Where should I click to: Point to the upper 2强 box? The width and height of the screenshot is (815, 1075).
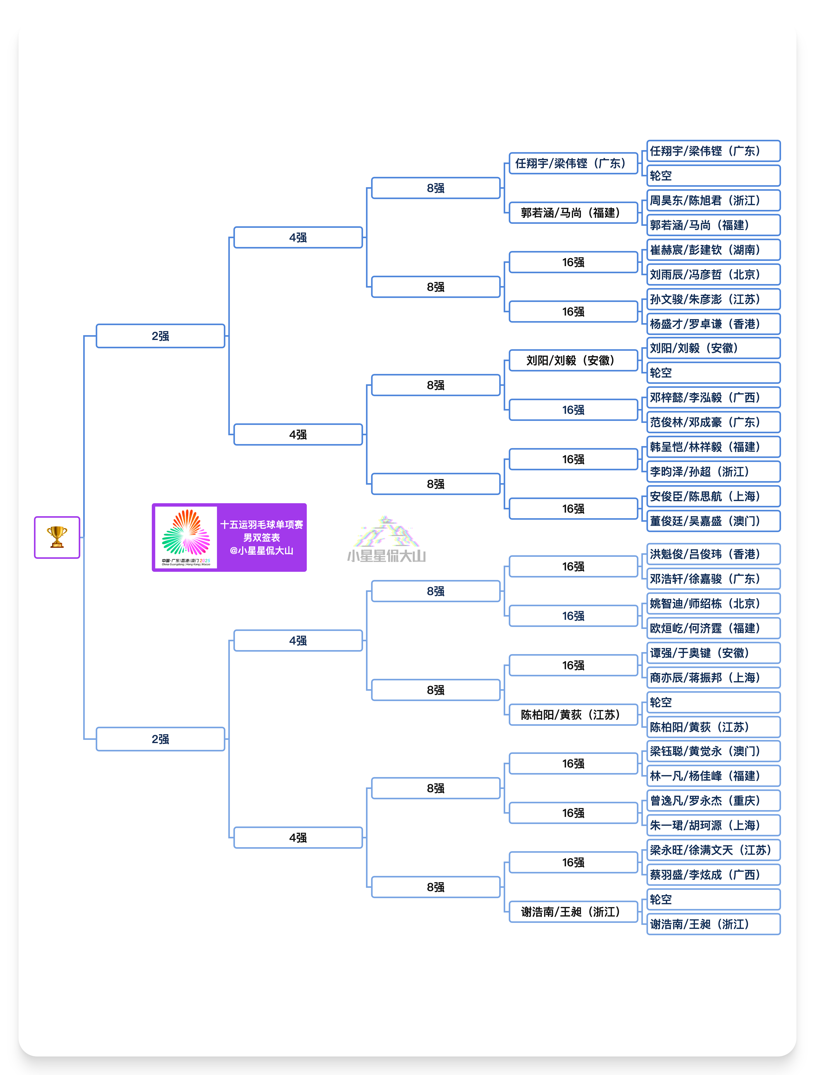160,336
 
